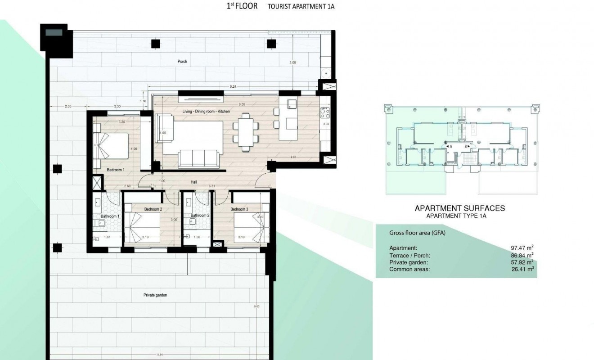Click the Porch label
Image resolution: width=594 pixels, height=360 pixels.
(182, 62)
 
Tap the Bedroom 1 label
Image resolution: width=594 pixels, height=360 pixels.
(116, 170)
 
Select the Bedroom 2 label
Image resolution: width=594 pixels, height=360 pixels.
(153, 209)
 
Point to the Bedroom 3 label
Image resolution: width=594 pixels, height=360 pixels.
(239, 209)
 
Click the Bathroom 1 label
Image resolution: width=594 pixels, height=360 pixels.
(110, 216)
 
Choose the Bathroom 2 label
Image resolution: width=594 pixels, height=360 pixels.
(200, 216)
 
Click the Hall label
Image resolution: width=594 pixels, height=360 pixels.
(193, 182)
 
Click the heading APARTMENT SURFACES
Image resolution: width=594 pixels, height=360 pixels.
(459, 208)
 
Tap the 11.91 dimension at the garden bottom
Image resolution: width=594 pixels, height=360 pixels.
(160, 355)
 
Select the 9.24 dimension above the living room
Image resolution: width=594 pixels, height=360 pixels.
(233, 86)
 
